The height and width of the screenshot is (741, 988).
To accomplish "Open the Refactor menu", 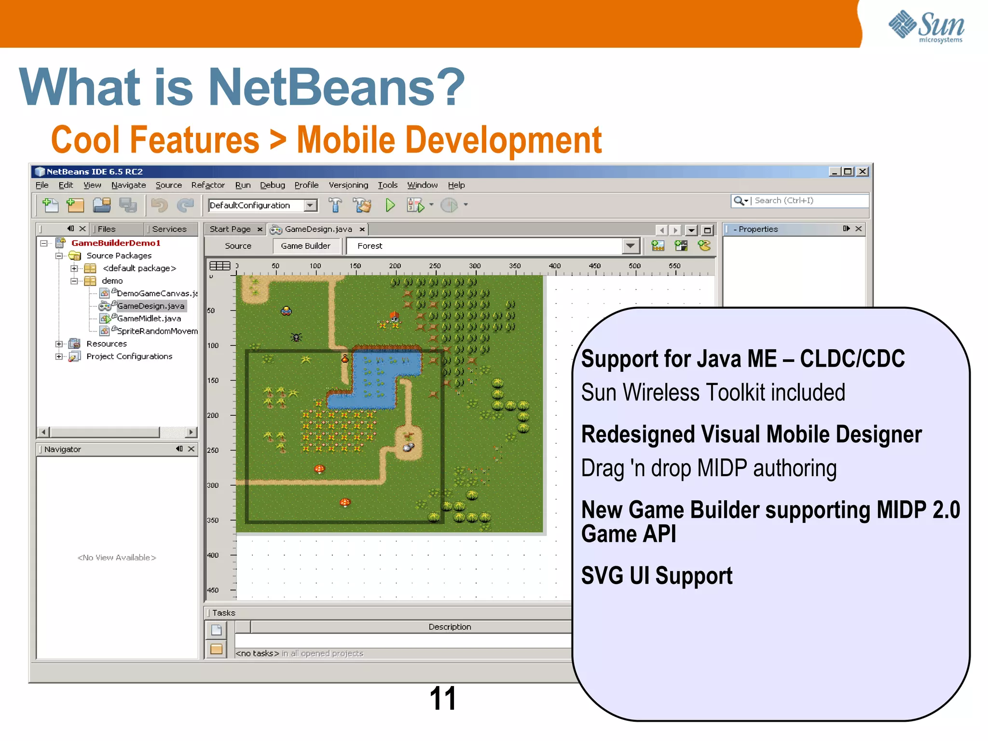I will coord(207,185).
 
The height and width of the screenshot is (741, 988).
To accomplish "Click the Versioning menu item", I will coord(348,185).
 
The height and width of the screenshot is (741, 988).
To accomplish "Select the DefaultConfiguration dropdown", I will coord(262,206).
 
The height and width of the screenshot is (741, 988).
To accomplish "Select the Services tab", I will coord(169,229).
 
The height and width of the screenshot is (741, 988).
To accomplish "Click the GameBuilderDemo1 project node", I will coord(116,243).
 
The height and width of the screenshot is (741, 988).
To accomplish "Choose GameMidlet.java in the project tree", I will coord(149,318).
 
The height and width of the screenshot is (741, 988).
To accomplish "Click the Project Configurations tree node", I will coord(129,357).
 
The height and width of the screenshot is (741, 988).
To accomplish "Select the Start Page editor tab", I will coord(230,229).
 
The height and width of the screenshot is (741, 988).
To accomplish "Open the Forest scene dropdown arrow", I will coord(630,246).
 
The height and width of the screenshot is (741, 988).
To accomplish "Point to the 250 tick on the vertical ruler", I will coord(233,450).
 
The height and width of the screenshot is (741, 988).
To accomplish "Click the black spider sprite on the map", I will coord(296,337).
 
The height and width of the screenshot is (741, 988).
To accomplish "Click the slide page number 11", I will coord(442,699).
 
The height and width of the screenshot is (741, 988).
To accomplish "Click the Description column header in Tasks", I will coord(450,627).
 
